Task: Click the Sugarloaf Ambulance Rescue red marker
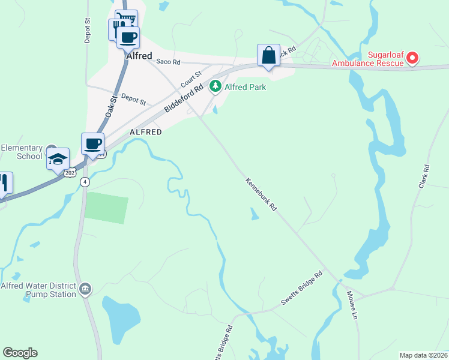[x=412, y=58]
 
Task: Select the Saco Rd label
[x=168, y=61]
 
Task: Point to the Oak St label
[x=110, y=106]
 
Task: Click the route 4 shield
[x=86, y=182]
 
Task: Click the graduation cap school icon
[x=58, y=160]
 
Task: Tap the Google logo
[x=20, y=353]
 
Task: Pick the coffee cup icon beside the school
[x=92, y=144]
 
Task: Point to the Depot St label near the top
[x=88, y=29]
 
